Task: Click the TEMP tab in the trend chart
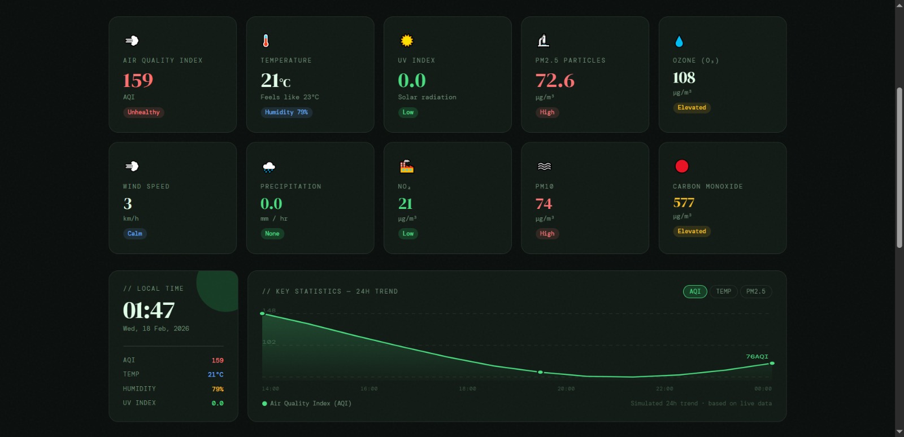[723, 291]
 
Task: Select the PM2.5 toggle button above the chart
[755, 291]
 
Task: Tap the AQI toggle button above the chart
[695, 291]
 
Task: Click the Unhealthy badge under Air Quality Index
[144, 112]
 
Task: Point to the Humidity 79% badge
[286, 112]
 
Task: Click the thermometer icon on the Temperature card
[266, 41]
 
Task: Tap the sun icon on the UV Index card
[407, 41]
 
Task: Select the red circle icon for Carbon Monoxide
[682, 166]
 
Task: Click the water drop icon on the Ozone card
[679, 41]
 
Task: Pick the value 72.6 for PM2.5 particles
[555, 81]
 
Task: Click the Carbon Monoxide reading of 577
[684, 203]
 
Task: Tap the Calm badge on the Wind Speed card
[135, 234]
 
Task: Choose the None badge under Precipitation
[272, 234]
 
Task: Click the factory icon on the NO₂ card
[407, 166]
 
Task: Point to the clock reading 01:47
[149, 310]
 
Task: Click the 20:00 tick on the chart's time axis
[566, 388]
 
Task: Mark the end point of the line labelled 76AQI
[772, 363]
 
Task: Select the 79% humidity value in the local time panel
[218, 389]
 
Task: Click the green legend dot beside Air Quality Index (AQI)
[264, 404]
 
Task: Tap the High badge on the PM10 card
[547, 234]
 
